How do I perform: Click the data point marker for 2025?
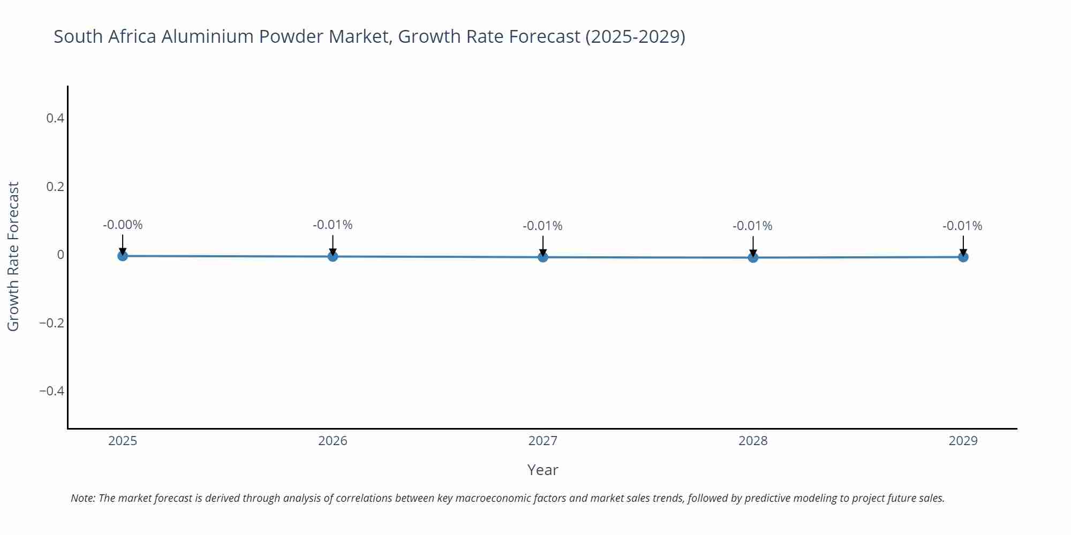123,256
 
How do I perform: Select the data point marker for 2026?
333,256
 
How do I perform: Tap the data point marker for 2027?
543,257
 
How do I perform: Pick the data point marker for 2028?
753,257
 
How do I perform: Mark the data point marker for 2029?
963,257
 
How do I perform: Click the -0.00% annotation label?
123,225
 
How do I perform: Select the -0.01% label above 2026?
333,225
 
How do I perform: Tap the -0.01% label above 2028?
752,226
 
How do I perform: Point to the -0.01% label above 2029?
962,226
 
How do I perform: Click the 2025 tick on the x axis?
123,441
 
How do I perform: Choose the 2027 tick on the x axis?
543,441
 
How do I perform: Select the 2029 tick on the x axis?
963,441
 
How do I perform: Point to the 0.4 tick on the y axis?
55,118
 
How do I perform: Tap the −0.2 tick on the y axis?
51,323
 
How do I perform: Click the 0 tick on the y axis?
61,255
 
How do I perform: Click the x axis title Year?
542,470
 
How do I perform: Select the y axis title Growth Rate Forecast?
13,256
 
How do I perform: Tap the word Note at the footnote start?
82,498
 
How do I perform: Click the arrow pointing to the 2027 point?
543,246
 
